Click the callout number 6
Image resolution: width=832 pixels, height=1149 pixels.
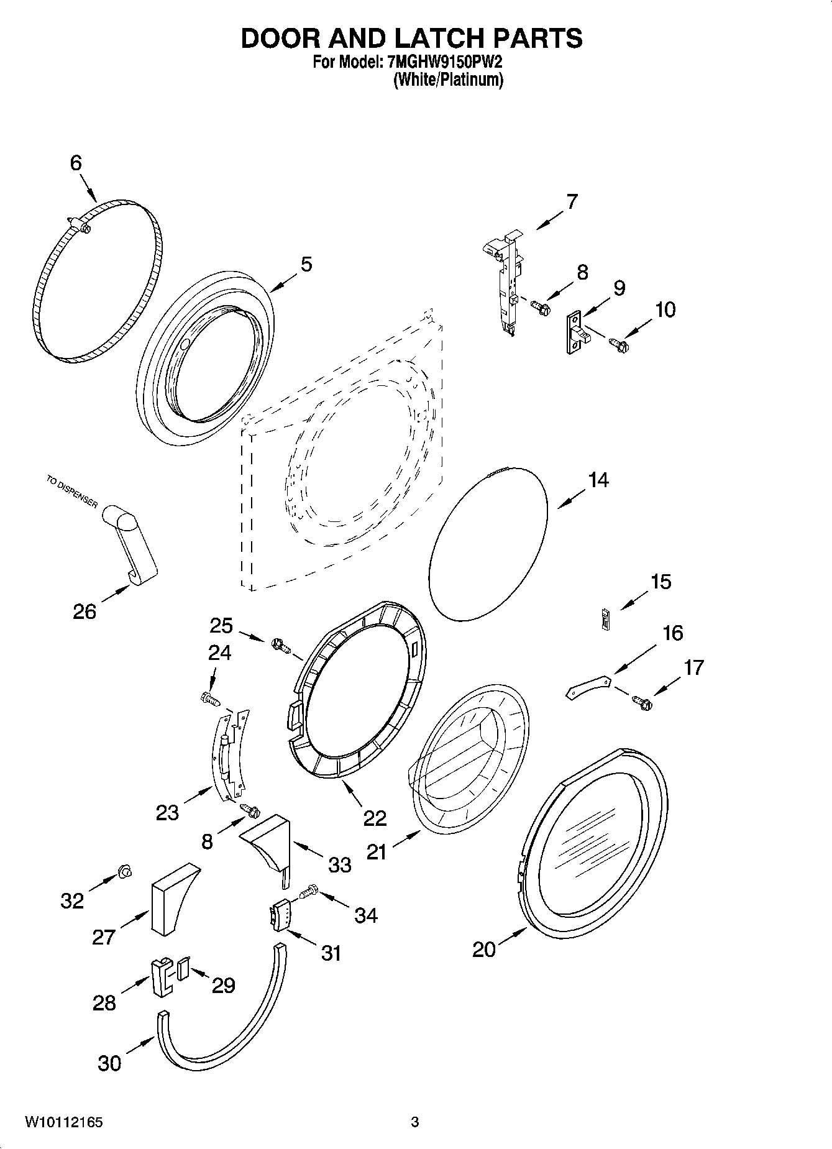click(x=75, y=163)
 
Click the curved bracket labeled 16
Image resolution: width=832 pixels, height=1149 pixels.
click(x=587, y=687)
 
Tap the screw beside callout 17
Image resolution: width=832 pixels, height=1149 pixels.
click(x=642, y=702)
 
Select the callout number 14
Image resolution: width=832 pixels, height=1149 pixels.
click(x=598, y=480)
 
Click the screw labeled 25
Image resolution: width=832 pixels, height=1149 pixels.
click(x=280, y=646)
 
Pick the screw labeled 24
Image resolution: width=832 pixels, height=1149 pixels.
click(x=209, y=698)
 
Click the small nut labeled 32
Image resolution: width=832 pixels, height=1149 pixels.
click(x=124, y=873)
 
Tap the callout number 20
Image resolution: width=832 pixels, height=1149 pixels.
click(x=484, y=949)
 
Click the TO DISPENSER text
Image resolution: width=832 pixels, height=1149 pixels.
click(x=72, y=492)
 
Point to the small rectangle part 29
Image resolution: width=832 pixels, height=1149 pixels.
click(x=183, y=969)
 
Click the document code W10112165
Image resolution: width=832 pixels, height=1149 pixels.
click(x=63, y=1122)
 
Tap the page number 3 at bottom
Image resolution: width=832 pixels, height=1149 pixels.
click(x=415, y=1122)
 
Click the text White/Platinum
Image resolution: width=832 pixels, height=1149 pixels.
click(x=447, y=80)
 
